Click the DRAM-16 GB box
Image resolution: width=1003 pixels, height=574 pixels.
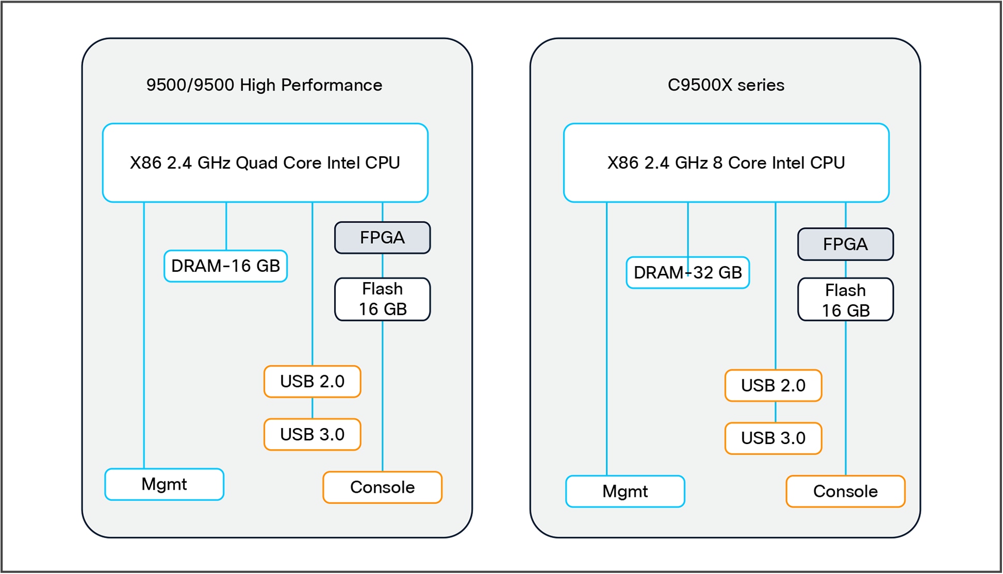coord(225,266)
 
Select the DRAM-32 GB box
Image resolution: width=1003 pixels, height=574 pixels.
coord(687,273)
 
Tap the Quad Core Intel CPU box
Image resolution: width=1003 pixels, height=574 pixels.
coord(265,163)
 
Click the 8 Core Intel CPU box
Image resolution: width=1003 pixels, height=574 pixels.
coord(726,163)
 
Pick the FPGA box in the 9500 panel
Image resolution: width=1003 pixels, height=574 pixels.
coord(382,238)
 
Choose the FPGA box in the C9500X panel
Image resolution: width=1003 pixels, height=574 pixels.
coord(845,244)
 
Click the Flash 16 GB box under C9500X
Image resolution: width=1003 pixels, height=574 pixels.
coord(845,300)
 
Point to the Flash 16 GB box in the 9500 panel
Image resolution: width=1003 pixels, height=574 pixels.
coord(382,299)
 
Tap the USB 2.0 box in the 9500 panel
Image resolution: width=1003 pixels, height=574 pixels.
coord(312,381)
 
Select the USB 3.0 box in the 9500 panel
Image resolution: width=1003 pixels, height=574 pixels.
coord(312,434)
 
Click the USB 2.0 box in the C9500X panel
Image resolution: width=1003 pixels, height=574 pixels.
coord(773,386)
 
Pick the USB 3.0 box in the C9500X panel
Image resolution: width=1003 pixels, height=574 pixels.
coord(773,438)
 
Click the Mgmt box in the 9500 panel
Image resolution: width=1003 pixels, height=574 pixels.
coord(164,484)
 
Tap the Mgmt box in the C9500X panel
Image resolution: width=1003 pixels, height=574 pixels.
coord(625,491)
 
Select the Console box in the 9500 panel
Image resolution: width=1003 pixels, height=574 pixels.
coord(382,487)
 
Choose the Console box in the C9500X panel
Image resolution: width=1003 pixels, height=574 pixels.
coord(845,491)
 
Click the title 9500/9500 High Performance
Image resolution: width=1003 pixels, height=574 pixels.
coord(264,85)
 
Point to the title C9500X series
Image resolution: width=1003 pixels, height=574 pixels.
coord(726,85)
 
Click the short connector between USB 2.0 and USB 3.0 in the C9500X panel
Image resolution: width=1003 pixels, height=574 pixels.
coord(775,412)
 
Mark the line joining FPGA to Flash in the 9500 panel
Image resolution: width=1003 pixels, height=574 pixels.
coord(382,266)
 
